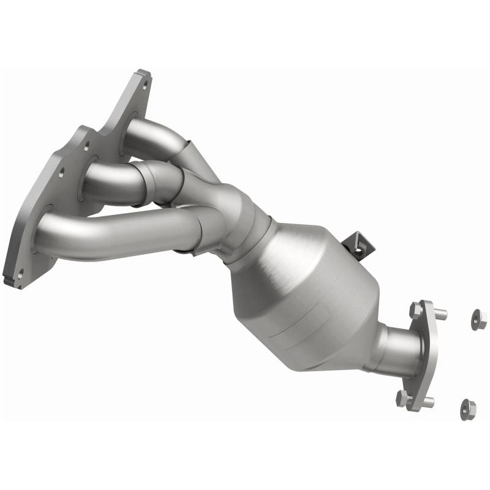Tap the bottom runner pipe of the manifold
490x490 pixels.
pos(110,230)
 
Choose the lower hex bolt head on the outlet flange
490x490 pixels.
pos(403,398)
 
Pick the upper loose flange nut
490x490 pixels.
pos(478,318)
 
